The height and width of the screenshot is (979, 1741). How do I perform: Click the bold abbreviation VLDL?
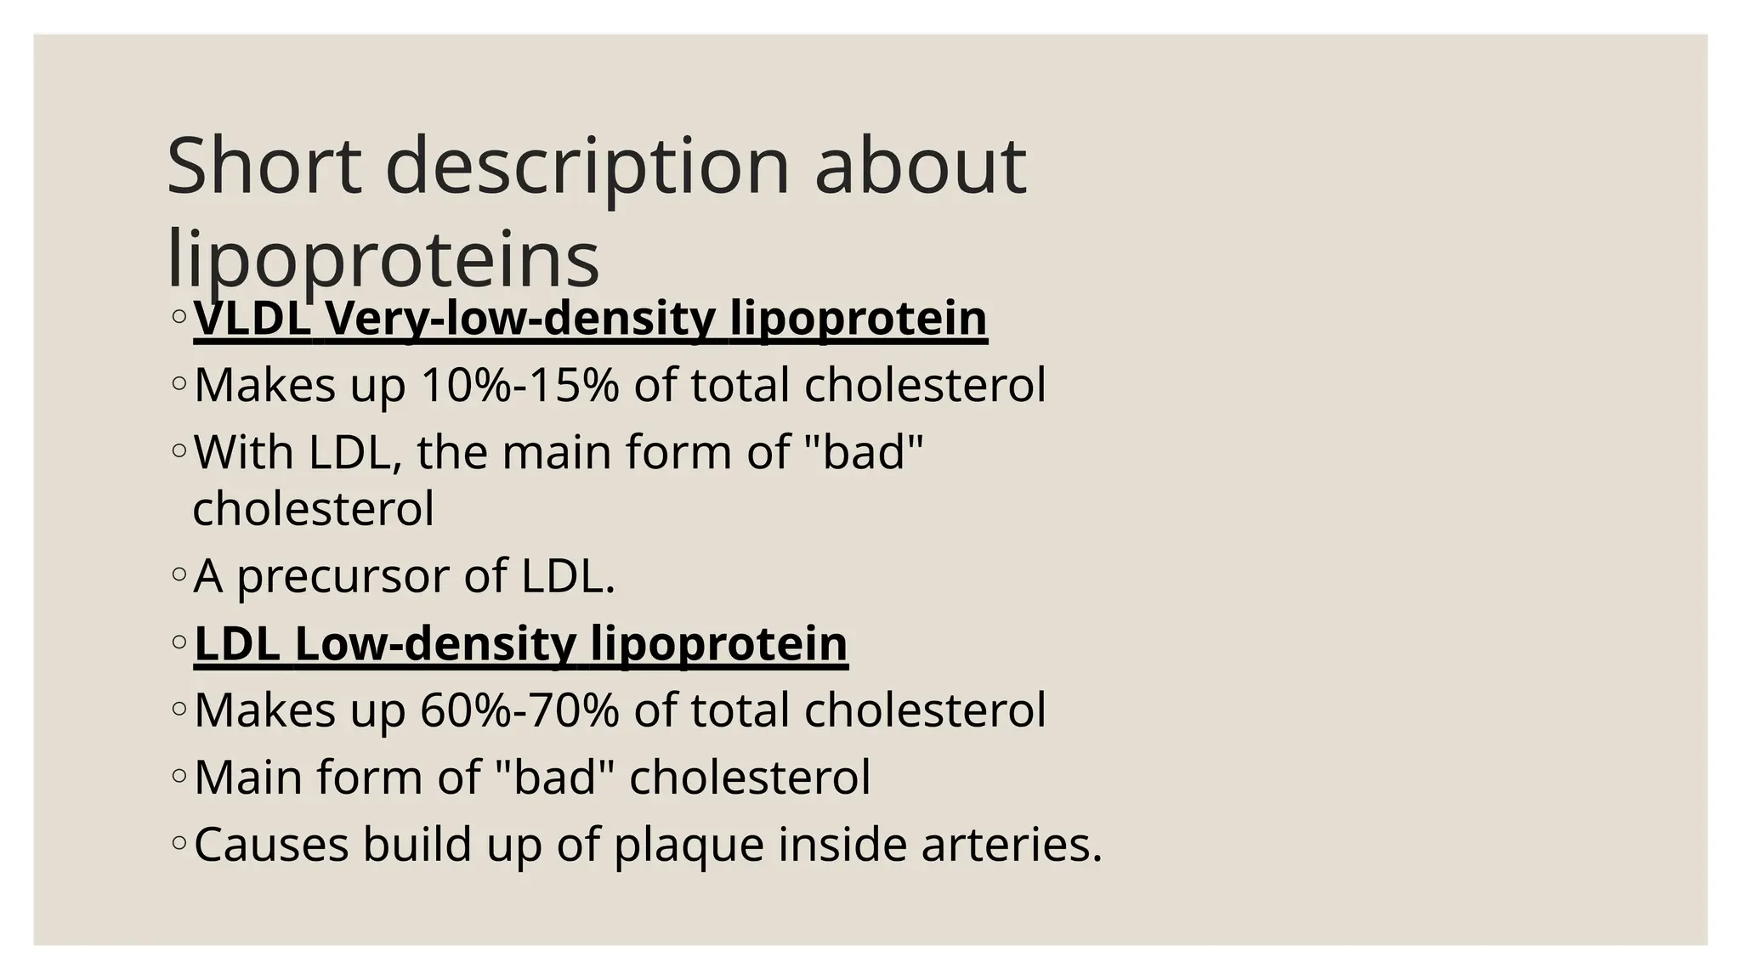252,318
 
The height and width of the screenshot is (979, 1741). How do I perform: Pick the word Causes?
271,845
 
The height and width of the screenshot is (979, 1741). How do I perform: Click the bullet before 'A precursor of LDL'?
179,574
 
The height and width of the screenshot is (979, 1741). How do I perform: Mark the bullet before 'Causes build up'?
179,843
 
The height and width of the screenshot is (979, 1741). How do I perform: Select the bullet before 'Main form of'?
179,775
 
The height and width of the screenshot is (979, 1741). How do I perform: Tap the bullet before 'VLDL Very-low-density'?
179,316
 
